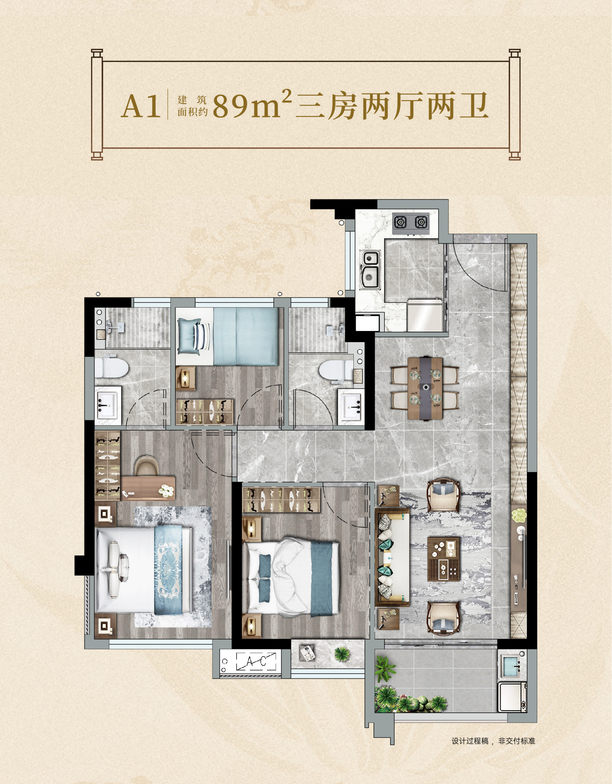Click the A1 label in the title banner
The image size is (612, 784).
141,106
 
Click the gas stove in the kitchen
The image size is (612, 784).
411,222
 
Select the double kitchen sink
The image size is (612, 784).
370,270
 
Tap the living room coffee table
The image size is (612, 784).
444,559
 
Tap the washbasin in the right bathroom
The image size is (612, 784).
351,407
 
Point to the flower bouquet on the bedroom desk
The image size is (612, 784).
166,491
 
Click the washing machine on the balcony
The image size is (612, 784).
513,697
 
